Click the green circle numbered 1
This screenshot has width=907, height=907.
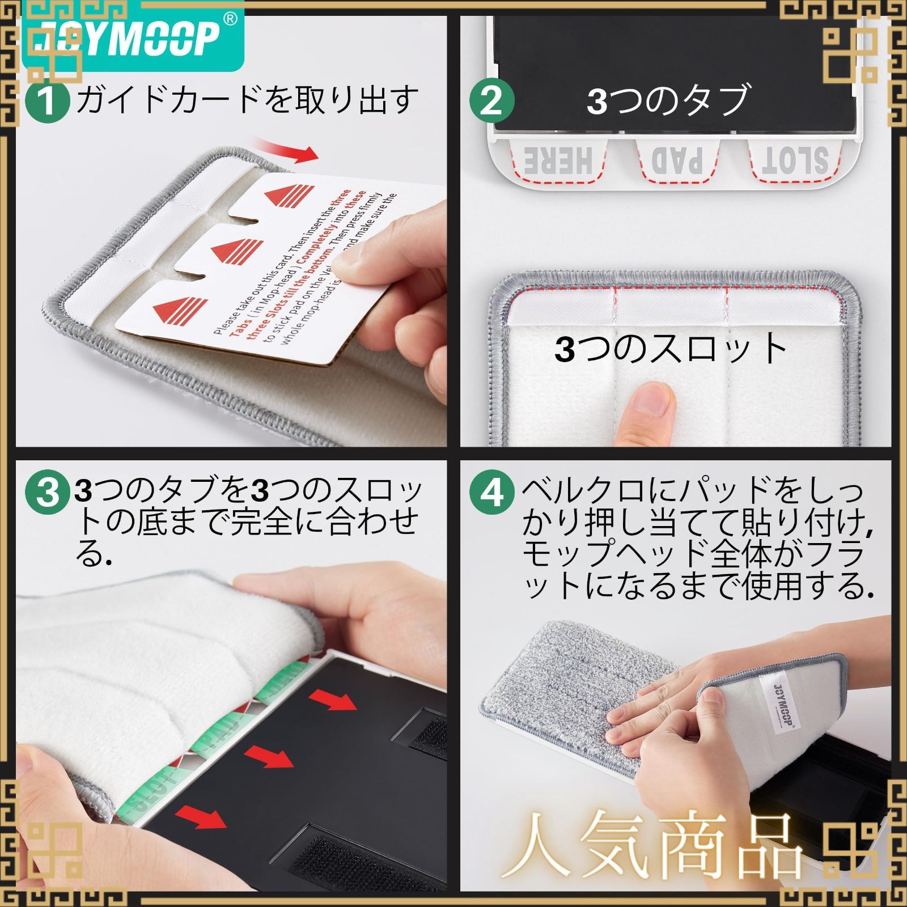point(48,101)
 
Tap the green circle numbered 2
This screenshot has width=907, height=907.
point(491,101)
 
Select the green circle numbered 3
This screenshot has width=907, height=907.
point(48,491)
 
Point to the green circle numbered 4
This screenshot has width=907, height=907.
point(491,491)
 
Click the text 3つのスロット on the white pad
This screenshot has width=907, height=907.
point(672,348)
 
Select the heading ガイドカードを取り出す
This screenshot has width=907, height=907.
point(247,100)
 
